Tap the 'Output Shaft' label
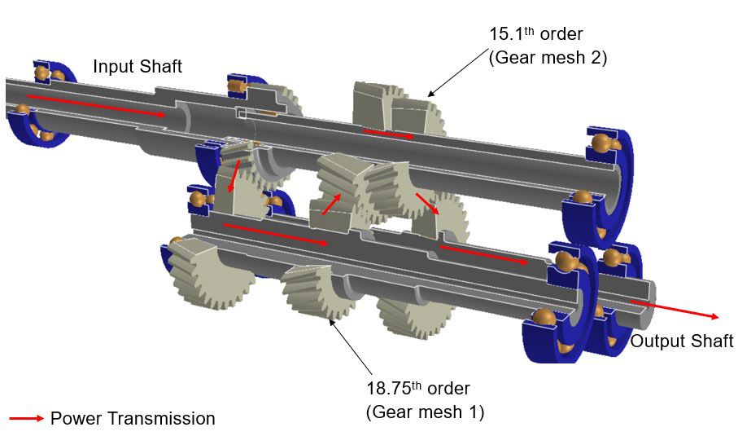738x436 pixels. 682,341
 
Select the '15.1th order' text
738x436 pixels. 535,35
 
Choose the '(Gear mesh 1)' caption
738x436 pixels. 426,412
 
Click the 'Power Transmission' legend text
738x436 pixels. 133,419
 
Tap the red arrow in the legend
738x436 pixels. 26,419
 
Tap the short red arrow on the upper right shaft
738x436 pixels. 388,133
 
